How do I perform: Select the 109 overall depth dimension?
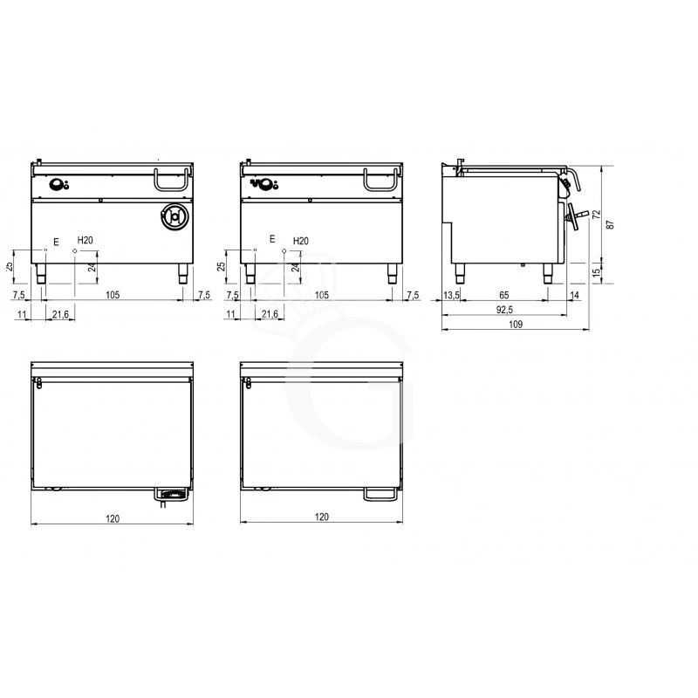(515, 324)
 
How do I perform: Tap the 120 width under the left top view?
(112, 518)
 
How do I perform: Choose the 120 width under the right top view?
(321, 518)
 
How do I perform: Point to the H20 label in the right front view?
(300, 240)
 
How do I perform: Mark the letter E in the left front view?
(57, 239)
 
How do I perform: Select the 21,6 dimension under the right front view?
(270, 313)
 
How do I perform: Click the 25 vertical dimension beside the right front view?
(222, 265)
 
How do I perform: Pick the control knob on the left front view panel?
(58, 183)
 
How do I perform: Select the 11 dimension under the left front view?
(23, 313)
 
